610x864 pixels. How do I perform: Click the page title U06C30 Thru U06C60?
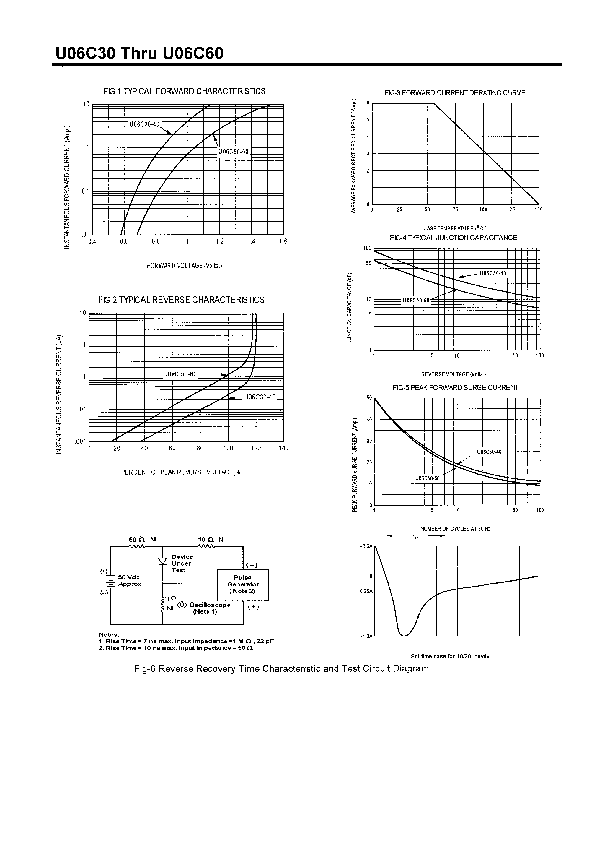[x=139, y=54]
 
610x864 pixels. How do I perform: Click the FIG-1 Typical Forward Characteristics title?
[x=184, y=91]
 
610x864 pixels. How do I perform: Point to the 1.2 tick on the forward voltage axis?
[x=219, y=242]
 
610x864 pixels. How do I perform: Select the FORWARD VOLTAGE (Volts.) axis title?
[x=184, y=266]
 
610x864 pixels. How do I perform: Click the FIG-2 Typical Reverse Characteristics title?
[x=181, y=300]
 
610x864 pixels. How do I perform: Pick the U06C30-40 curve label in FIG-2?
[x=260, y=397]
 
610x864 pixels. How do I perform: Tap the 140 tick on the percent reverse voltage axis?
[x=283, y=448]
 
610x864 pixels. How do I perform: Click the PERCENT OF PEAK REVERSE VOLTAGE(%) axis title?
[x=182, y=472]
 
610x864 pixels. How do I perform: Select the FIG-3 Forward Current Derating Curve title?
[x=455, y=93]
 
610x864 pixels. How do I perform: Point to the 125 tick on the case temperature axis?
[x=511, y=209]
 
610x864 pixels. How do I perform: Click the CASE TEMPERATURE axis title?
[x=455, y=228]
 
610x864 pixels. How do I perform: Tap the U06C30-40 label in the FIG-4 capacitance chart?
[x=493, y=273]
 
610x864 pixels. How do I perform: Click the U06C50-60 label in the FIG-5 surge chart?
[x=427, y=478]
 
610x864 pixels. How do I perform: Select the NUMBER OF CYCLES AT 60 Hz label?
[x=455, y=529]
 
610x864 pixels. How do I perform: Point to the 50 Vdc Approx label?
[x=130, y=580]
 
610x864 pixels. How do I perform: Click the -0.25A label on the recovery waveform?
[x=365, y=591]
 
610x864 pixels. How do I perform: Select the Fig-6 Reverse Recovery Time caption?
[x=281, y=669]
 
